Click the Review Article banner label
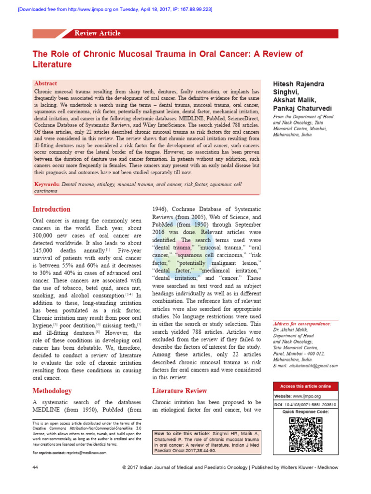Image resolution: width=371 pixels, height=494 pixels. click(97, 33)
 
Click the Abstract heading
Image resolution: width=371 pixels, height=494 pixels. click(46, 83)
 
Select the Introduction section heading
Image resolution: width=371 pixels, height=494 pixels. click(51, 209)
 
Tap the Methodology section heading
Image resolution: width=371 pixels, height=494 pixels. click(52, 391)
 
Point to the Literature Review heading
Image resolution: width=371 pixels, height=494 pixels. click(180, 391)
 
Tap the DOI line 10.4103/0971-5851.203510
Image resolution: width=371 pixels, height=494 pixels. click(305, 404)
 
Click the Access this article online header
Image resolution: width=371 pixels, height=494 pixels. click(305, 386)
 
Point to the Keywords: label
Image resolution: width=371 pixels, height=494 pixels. click(47, 184)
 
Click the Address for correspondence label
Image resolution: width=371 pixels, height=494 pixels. click(302, 324)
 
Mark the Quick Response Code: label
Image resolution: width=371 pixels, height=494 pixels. click(305, 412)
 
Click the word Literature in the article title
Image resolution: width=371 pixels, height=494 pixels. click(52, 65)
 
